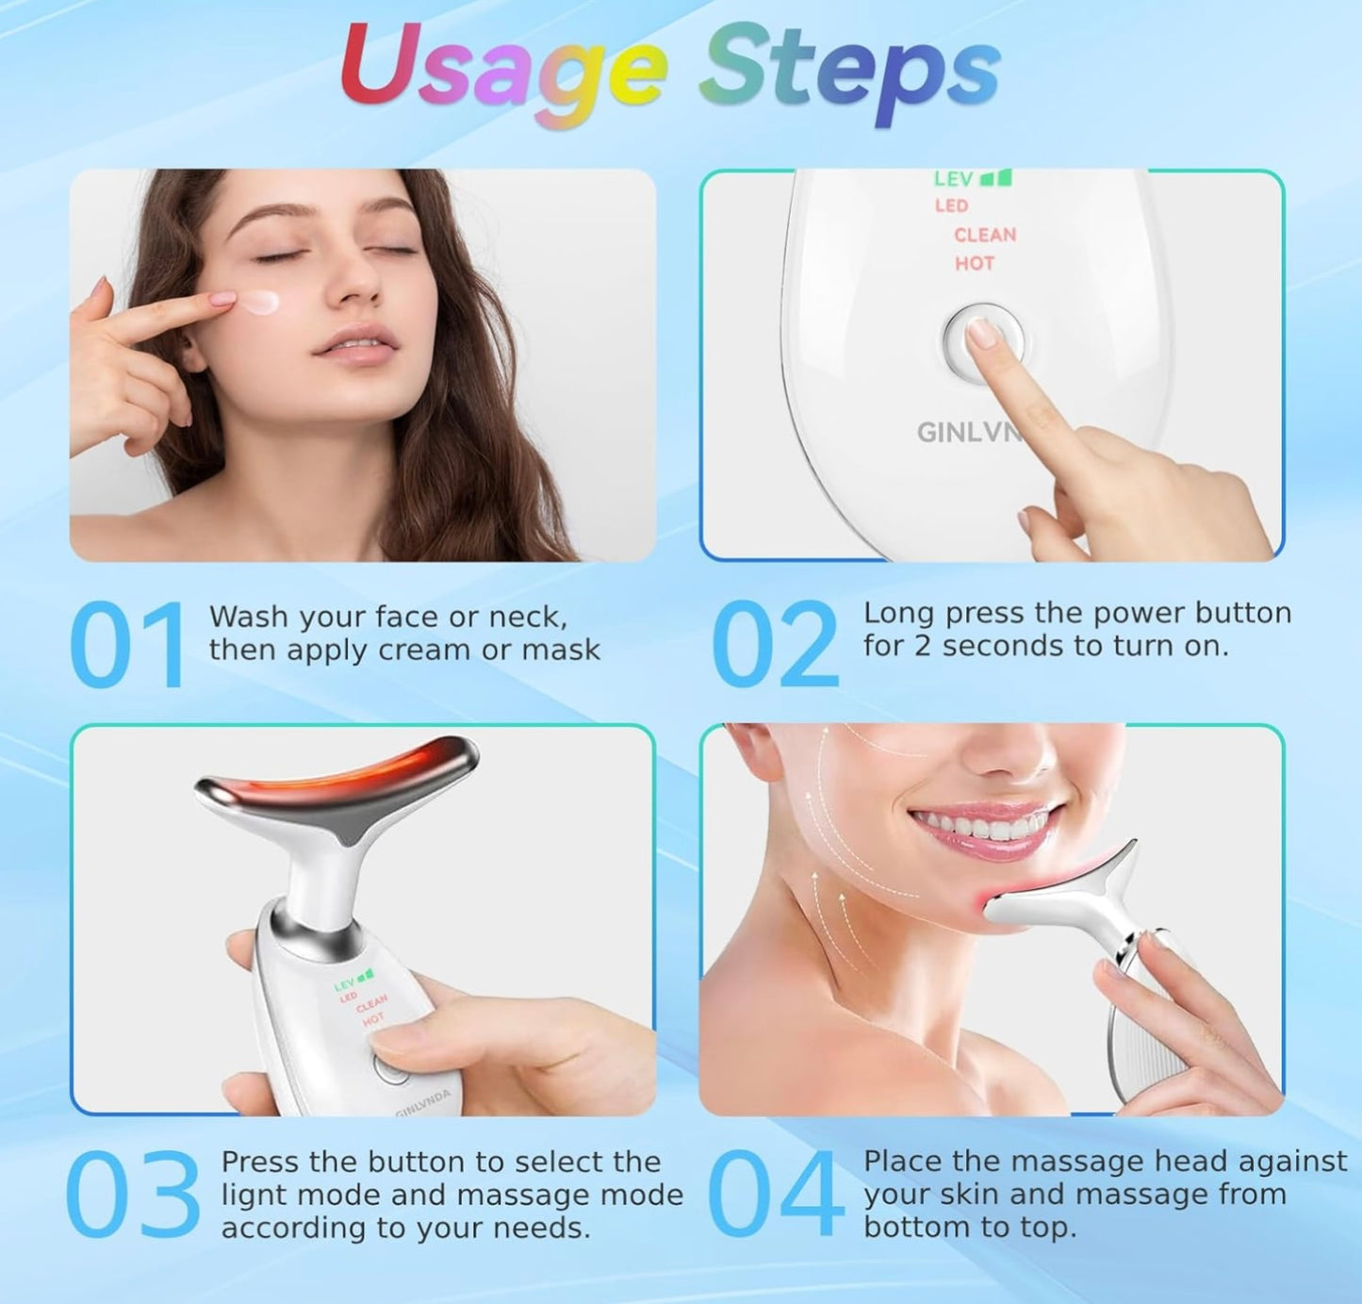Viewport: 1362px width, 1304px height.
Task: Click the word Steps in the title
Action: (849, 73)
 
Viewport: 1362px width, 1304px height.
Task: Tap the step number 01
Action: (128, 644)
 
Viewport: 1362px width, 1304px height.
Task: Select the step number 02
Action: (774, 644)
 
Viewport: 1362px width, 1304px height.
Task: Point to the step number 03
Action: (133, 1194)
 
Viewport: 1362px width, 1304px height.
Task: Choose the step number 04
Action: (776, 1194)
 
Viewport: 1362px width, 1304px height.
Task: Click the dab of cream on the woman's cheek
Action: (259, 302)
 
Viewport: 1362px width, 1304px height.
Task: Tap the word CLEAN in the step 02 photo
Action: (985, 235)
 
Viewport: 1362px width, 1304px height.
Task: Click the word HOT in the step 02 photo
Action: (975, 263)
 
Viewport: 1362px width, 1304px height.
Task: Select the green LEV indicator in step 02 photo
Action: (973, 178)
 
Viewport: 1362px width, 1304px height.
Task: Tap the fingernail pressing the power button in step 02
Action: (983, 333)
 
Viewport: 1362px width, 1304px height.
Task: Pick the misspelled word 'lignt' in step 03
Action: (254, 1196)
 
